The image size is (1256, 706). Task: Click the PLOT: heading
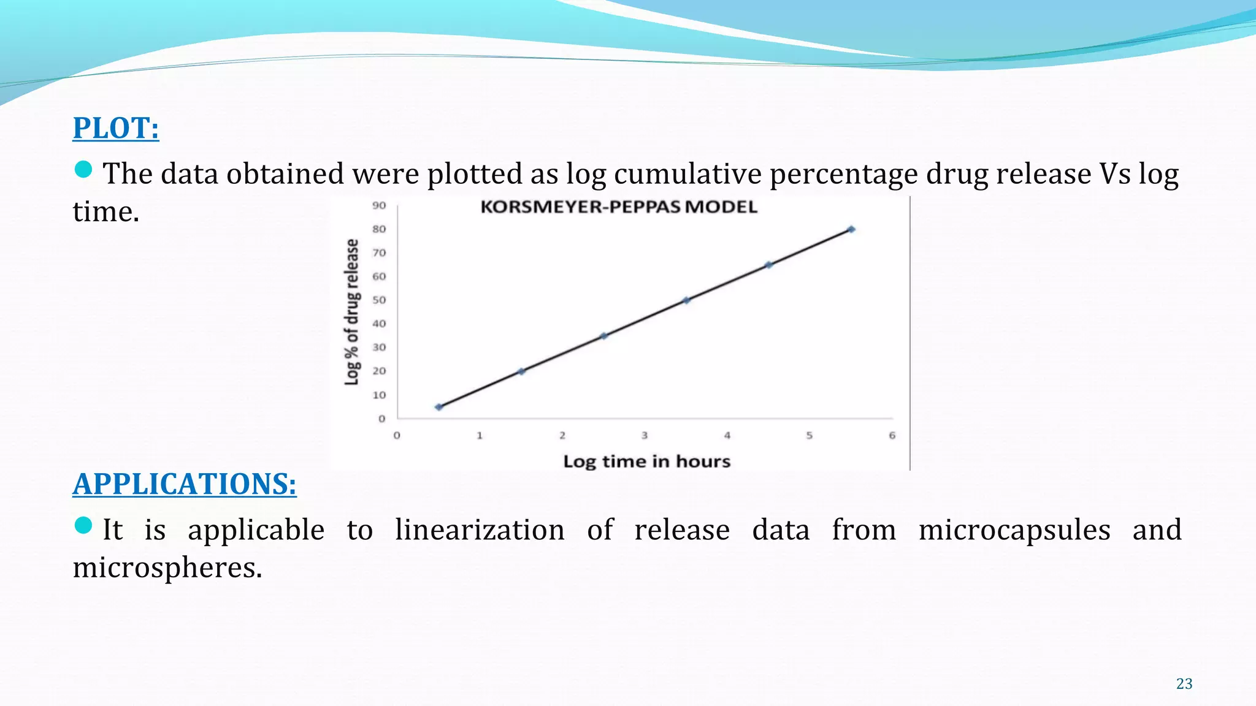(x=116, y=128)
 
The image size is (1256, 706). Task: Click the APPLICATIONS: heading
(x=185, y=484)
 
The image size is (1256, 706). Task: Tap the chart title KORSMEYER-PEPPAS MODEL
(x=619, y=207)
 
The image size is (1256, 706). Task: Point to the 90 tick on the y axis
(x=379, y=206)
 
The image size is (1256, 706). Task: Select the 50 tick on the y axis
(x=379, y=300)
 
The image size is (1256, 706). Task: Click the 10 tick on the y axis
(x=379, y=395)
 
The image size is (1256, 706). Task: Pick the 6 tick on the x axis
(x=892, y=436)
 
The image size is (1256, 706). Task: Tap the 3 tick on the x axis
(x=645, y=436)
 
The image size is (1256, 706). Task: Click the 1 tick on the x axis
(x=480, y=436)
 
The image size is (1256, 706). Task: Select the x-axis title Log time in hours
(x=647, y=461)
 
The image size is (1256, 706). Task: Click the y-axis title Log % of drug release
(x=351, y=312)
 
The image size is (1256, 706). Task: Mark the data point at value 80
(x=851, y=229)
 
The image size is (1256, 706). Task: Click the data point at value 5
(x=438, y=407)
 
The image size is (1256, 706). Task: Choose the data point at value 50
(x=686, y=300)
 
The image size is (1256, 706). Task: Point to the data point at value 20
(x=521, y=371)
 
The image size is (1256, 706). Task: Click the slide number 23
(x=1184, y=684)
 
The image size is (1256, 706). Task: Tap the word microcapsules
(x=1014, y=530)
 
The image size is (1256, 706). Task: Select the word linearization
(x=480, y=530)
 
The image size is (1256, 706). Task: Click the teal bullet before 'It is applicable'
(x=83, y=525)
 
